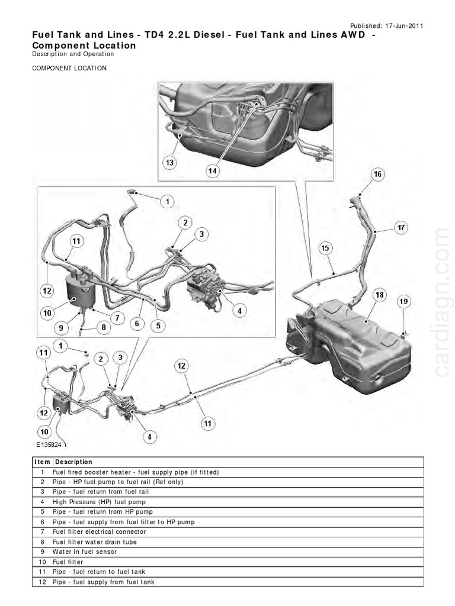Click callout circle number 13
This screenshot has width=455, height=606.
click(170, 162)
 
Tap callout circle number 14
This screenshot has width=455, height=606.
click(213, 171)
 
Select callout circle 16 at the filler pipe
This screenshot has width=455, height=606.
click(377, 174)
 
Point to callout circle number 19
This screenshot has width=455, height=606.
click(403, 302)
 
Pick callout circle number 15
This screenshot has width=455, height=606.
click(325, 249)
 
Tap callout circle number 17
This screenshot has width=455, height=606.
click(401, 227)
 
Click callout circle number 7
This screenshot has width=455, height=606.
click(117, 318)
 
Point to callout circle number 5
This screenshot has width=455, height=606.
click(158, 324)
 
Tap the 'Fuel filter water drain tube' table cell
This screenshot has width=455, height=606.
click(95, 541)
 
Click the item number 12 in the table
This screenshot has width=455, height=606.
click(43, 582)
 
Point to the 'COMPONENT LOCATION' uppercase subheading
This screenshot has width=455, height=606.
click(69, 68)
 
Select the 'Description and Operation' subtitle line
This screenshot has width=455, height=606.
click(73, 54)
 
